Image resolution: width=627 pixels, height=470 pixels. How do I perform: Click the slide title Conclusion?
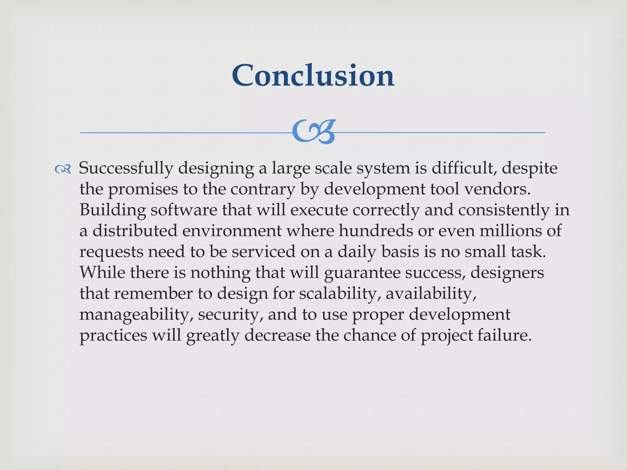[313, 75]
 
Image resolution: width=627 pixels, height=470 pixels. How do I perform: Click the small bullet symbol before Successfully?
[63, 169]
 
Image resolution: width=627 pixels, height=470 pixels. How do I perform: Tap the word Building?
[112, 210]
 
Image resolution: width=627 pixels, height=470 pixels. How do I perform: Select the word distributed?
[135, 231]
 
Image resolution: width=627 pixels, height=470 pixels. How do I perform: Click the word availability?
[431, 294]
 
